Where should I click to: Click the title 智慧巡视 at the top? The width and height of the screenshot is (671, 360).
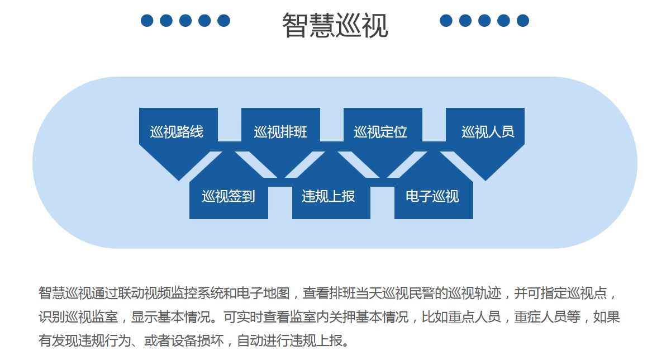pyautogui.click(x=335, y=26)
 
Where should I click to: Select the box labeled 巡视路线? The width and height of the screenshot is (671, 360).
pyautogui.click(x=179, y=135)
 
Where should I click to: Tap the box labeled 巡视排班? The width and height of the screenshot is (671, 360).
pyautogui.click(x=280, y=135)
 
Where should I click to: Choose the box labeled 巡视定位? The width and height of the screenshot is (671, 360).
pyautogui.click(x=383, y=135)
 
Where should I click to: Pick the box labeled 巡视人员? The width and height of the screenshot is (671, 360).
pyautogui.click(x=486, y=135)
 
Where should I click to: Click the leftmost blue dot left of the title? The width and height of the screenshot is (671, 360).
pyautogui.click(x=147, y=21)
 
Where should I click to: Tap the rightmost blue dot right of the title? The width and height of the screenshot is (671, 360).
pyautogui.click(x=523, y=21)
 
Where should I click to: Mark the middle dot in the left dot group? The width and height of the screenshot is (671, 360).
pyautogui.click(x=185, y=21)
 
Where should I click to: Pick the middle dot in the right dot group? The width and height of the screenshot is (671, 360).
pyautogui.click(x=484, y=21)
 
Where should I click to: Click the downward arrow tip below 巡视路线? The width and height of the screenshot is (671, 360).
pyautogui.click(x=179, y=181)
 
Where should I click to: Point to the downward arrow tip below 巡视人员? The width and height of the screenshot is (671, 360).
pyautogui.click(x=486, y=181)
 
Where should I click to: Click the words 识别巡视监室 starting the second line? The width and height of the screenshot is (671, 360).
pyautogui.click(x=78, y=317)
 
